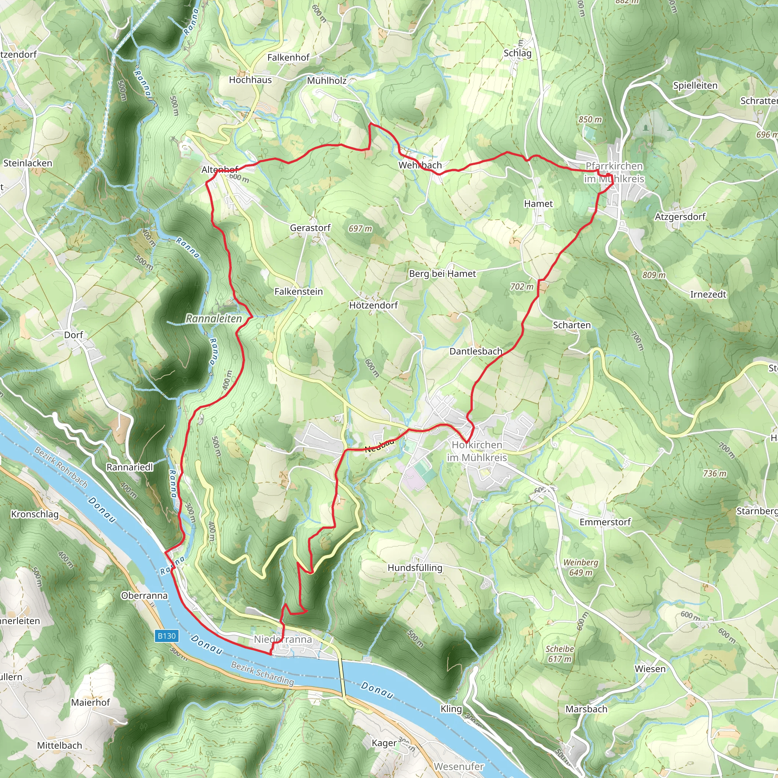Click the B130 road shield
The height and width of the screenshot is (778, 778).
pyautogui.click(x=167, y=636)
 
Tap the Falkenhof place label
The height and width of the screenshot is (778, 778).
pyautogui.click(x=288, y=58)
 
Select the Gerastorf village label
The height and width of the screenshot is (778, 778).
pyautogui.click(x=310, y=228)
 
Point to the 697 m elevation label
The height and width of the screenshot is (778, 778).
pyautogui.click(x=360, y=229)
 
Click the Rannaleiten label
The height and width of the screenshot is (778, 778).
pyautogui.click(x=214, y=318)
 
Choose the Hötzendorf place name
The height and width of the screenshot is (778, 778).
pyautogui.click(x=373, y=305)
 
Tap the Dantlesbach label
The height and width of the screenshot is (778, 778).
pyautogui.click(x=476, y=351)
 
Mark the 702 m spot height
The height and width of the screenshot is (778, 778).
pyautogui.click(x=522, y=287)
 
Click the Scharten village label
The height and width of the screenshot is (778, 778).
pyautogui.click(x=571, y=325)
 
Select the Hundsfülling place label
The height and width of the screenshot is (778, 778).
pyautogui.click(x=415, y=568)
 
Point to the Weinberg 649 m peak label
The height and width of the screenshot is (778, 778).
pyautogui.click(x=581, y=568)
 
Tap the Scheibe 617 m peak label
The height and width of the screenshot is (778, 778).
pyautogui.click(x=559, y=654)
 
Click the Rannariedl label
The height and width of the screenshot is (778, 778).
pyautogui.click(x=130, y=467)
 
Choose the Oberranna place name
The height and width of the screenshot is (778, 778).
pyautogui.click(x=144, y=596)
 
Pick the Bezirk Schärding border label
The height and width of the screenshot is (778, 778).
pyautogui.click(x=262, y=673)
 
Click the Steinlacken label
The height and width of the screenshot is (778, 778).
pyautogui.click(x=28, y=163)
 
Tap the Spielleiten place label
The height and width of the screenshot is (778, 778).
pyautogui.click(x=695, y=85)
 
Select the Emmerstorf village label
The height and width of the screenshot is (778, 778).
pyautogui.click(x=605, y=522)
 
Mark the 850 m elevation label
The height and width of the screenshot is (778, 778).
pyautogui.click(x=590, y=120)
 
